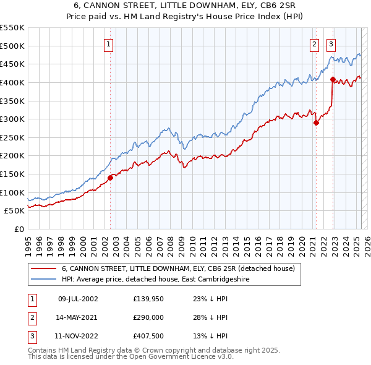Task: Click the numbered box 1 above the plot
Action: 108,44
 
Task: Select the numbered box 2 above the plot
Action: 314,44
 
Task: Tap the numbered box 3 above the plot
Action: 331,44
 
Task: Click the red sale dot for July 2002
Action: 110,178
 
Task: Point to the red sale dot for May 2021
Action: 316,122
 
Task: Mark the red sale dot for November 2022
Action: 333,79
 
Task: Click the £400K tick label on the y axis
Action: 12,82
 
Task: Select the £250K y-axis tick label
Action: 12,137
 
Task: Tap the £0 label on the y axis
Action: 19,229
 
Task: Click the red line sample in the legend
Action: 43,269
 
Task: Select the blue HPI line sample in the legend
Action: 43,280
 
